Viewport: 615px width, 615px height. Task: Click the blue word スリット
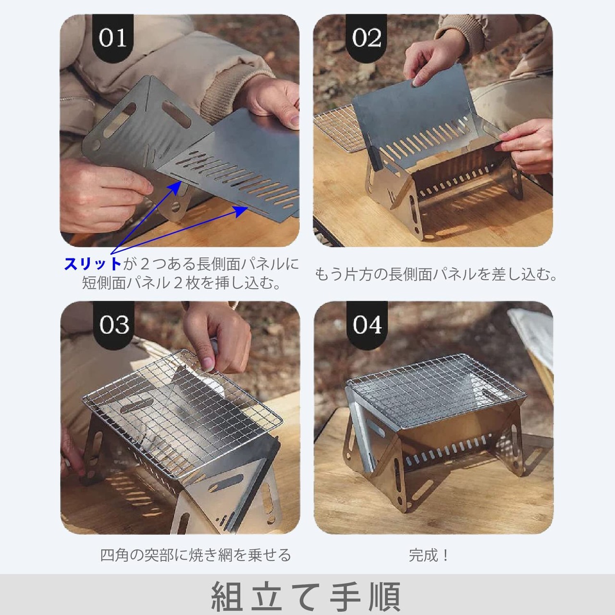point(93,264)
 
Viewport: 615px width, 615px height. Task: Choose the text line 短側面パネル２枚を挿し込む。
point(181,283)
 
